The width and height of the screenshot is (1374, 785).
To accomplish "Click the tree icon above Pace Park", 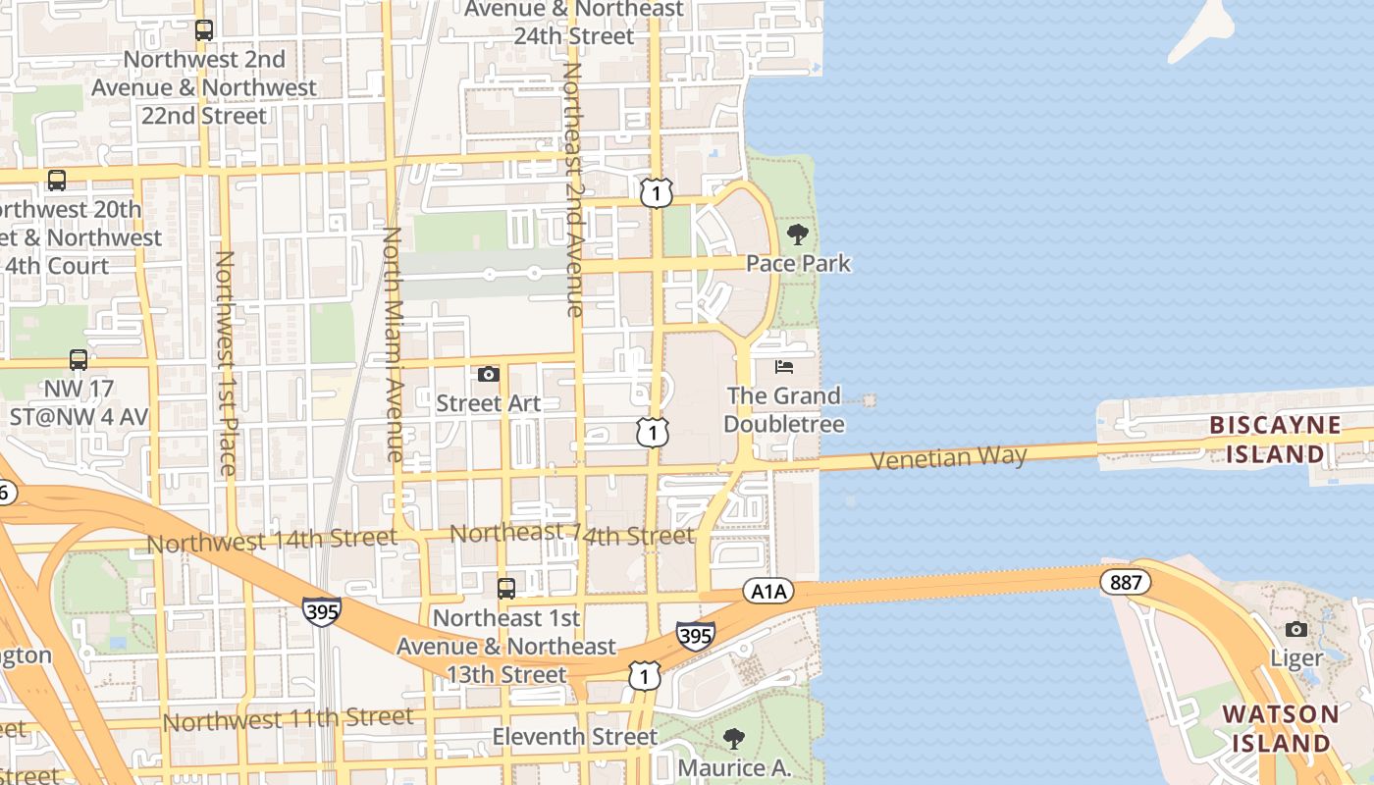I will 798,235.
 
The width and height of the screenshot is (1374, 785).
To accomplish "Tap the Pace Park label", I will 798,263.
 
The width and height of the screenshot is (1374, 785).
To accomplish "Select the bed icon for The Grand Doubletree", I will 783,367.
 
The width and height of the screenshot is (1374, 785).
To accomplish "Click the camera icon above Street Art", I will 488,374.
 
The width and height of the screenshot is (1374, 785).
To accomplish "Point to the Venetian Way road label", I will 949,457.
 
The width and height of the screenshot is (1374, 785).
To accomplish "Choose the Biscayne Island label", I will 1275,439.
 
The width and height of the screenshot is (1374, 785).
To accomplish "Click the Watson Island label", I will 1281,728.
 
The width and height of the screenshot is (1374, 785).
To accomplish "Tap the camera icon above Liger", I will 1296,629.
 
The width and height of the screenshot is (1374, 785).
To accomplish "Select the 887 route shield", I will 1125,582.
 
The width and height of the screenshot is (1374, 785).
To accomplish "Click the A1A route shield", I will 767,591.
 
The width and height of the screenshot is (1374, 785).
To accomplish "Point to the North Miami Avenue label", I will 393,344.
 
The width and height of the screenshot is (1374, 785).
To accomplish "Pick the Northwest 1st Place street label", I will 226,363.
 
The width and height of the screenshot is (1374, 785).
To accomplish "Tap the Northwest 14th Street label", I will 272,540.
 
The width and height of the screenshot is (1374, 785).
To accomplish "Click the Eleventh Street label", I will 575,736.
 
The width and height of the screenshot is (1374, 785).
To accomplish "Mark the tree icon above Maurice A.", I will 733,739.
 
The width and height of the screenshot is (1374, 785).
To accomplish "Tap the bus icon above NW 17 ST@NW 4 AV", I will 79,360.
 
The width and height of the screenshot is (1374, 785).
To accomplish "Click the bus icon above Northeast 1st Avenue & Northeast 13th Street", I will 506,589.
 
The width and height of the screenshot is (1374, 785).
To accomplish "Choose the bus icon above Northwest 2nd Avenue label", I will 203,30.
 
